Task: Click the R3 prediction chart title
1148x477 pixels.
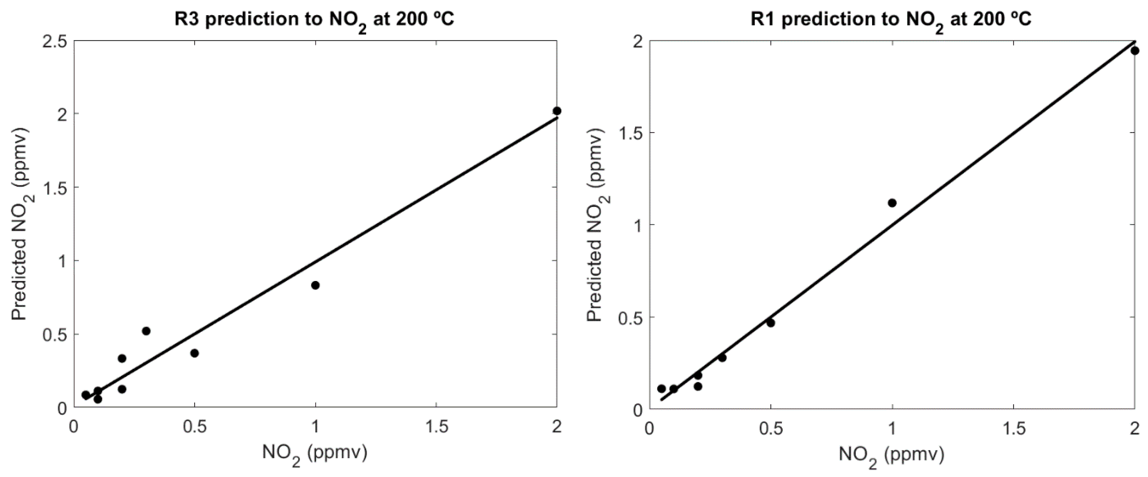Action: click(315, 20)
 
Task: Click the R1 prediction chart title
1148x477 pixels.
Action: click(891, 20)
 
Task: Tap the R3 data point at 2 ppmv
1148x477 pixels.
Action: click(557, 111)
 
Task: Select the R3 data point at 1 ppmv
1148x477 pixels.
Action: click(315, 285)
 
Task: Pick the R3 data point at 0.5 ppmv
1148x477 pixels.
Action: click(194, 353)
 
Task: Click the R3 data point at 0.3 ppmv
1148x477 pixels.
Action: click(146, 331)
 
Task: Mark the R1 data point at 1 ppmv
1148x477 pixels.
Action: click(892, 203)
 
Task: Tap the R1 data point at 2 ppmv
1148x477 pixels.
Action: click(1135, 51)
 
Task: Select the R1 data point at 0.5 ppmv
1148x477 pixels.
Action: click(770, 323)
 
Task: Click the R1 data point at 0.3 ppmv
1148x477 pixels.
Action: click(722, 357)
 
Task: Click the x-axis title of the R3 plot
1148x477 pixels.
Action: click(315, 454)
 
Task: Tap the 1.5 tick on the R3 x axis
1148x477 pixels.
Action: click(436, 427)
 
